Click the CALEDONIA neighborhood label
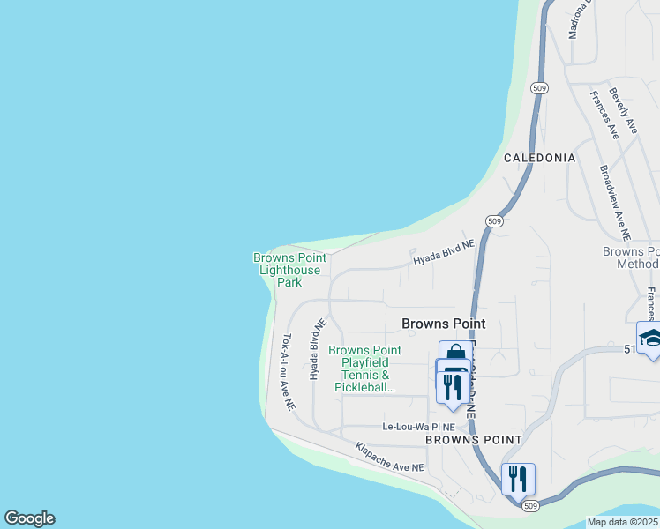539,158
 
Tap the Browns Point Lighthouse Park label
289,270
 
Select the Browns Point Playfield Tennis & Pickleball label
364,369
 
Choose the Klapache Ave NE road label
390,456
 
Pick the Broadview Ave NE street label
615,204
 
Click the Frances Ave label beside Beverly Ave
604,115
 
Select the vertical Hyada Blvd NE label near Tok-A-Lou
313,350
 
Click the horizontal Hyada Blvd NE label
444,254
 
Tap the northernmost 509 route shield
540,88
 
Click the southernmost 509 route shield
528,505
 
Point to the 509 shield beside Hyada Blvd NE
494,221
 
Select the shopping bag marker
455,354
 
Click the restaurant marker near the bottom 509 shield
518,479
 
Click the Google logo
29,518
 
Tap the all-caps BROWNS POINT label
473,439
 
